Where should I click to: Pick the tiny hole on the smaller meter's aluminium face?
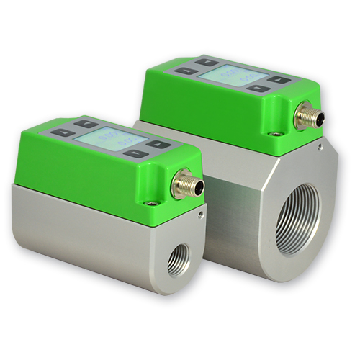(199, 213)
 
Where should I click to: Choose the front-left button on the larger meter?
(185, 71)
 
